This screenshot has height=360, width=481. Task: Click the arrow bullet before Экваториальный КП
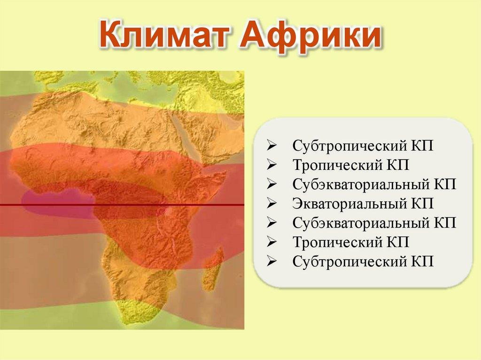tap(272, 204)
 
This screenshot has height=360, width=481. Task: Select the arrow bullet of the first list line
tap(272, 146)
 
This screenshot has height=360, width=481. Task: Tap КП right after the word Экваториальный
tap(421, 203)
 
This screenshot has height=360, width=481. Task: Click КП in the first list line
tap(421, 146)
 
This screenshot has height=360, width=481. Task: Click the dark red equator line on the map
tap(122, 205)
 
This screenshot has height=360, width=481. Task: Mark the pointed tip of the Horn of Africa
tap(226, 173)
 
